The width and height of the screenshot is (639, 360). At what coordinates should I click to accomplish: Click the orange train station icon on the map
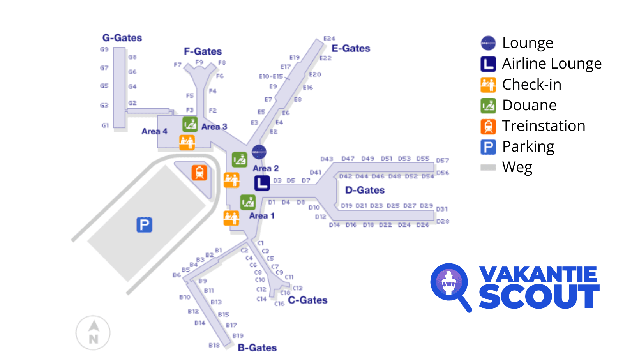point(199,173)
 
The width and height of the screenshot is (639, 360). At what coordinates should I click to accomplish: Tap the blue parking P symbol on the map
point(144,225)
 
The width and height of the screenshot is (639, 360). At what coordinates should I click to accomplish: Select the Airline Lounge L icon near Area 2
point(262,183)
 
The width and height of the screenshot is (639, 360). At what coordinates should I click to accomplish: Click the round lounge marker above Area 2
point(259,152)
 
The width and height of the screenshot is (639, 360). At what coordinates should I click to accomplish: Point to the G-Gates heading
point(122,38)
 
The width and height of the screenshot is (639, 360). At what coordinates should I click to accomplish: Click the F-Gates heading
point(203,51)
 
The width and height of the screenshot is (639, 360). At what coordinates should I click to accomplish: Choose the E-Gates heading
point(351,48)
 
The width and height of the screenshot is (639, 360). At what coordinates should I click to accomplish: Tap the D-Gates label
point(365,190)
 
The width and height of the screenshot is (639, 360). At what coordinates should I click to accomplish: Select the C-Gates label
point(307,300)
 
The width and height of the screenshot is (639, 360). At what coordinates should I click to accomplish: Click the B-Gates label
point(257,348)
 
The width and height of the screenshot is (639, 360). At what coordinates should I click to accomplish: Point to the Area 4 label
point(154,131)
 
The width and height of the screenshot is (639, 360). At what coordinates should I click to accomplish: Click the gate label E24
point(329,39)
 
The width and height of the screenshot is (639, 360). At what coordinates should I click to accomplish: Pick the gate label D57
point(443,161)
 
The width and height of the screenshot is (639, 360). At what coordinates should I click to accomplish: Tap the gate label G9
point(104,49)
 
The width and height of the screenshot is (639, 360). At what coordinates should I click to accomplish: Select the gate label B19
point(238,335)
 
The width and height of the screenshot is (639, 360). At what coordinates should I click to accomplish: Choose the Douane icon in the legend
point(488,105)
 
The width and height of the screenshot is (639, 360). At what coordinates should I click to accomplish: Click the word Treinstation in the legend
point(544,126)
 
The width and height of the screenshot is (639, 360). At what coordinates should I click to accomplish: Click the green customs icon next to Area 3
point(190,124)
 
